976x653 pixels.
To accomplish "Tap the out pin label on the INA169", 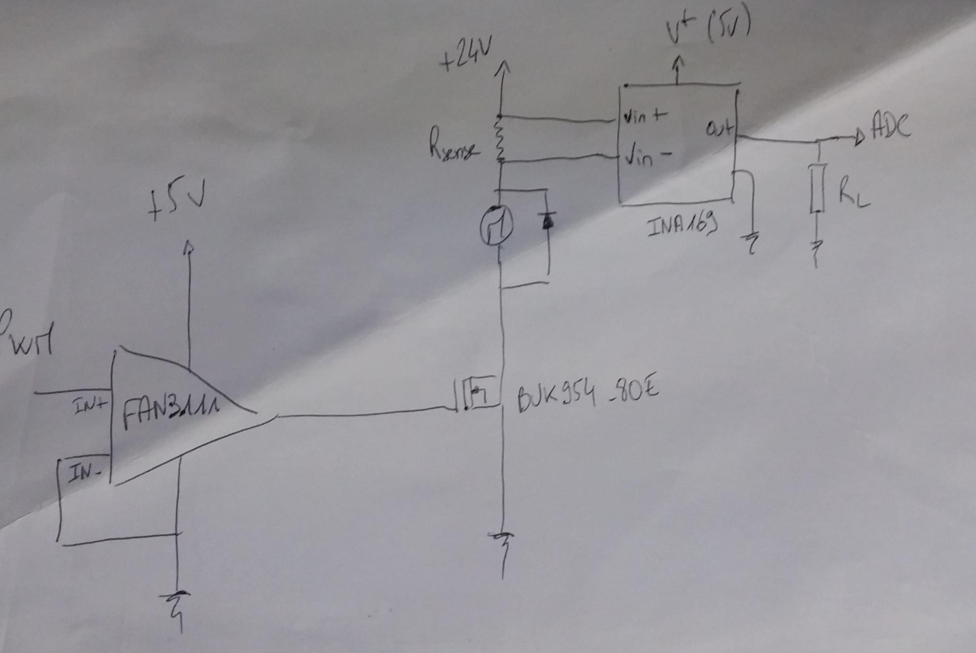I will pos(719,129).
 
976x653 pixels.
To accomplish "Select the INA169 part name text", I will pos(682,225).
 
